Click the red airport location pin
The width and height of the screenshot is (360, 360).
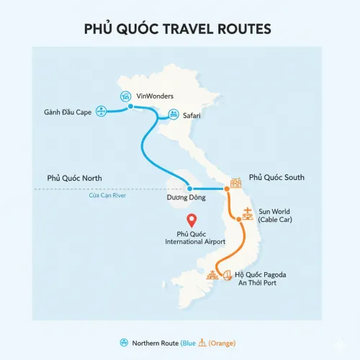tap(192, 221)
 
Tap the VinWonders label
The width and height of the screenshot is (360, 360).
tap(154, 96)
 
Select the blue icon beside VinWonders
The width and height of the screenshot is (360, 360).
tap(126, 95)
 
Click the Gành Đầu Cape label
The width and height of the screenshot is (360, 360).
tap(67, 112)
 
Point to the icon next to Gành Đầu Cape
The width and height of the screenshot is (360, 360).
tap(102, 112)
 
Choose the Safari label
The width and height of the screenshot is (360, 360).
tap(192, 114)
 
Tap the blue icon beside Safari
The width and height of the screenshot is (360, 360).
tap(174, 114)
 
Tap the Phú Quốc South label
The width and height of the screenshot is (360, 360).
tap(276, 177)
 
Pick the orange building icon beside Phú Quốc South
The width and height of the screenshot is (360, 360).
tap(235, 183)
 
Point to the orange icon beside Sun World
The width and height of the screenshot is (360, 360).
tap(248, 213)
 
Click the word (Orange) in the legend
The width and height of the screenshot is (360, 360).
tap(221, 343)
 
